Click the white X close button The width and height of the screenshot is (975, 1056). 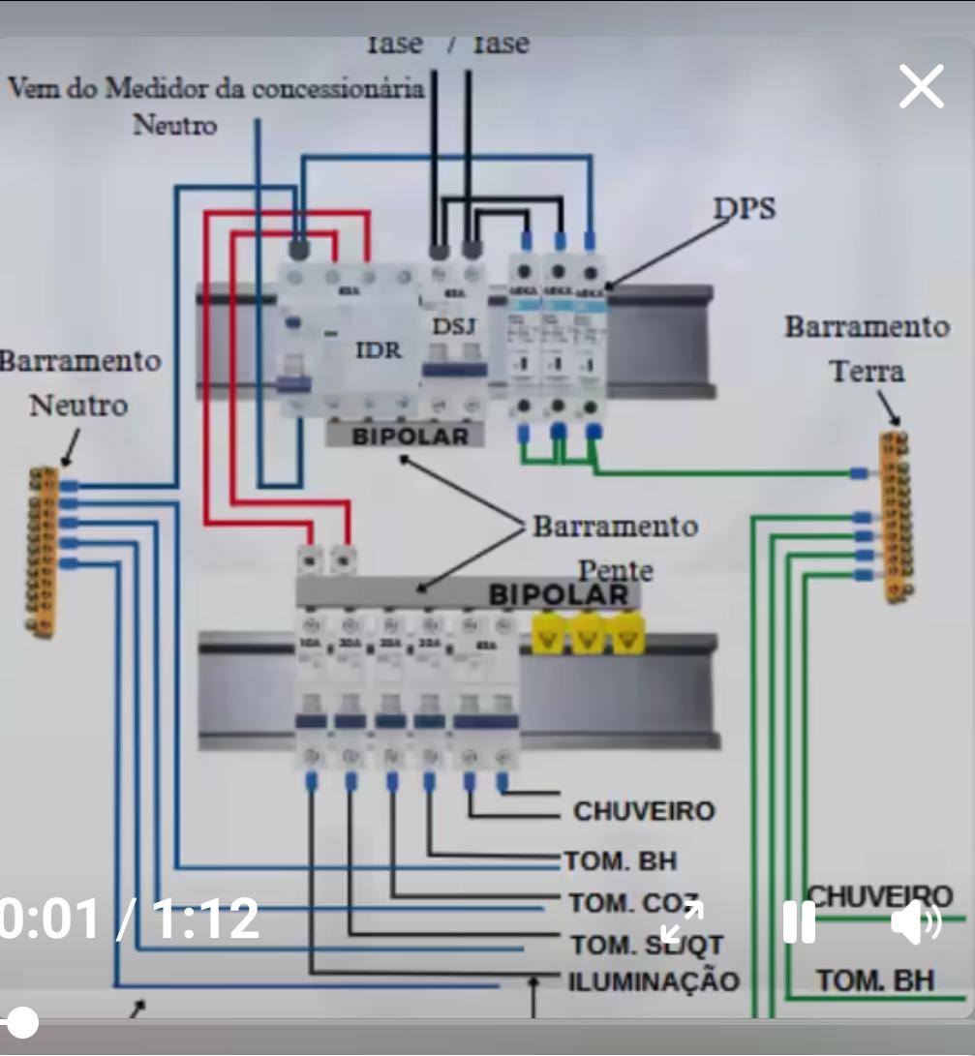921,87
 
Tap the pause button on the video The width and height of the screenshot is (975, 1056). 799,921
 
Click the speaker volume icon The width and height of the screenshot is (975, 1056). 915,921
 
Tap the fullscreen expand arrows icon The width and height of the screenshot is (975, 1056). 682,921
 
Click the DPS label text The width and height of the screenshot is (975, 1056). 745,208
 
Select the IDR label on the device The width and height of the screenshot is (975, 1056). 378,349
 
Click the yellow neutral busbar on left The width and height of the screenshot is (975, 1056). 43,552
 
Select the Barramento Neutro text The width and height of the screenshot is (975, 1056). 77,382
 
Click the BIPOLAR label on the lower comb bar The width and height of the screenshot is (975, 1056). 558,594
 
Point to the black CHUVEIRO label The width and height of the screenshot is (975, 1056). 644,811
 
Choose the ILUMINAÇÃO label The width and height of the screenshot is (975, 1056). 654,981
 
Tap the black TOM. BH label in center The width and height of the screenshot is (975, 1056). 621,860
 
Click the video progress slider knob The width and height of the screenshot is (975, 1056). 21,1022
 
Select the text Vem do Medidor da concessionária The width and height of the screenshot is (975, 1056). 216,89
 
